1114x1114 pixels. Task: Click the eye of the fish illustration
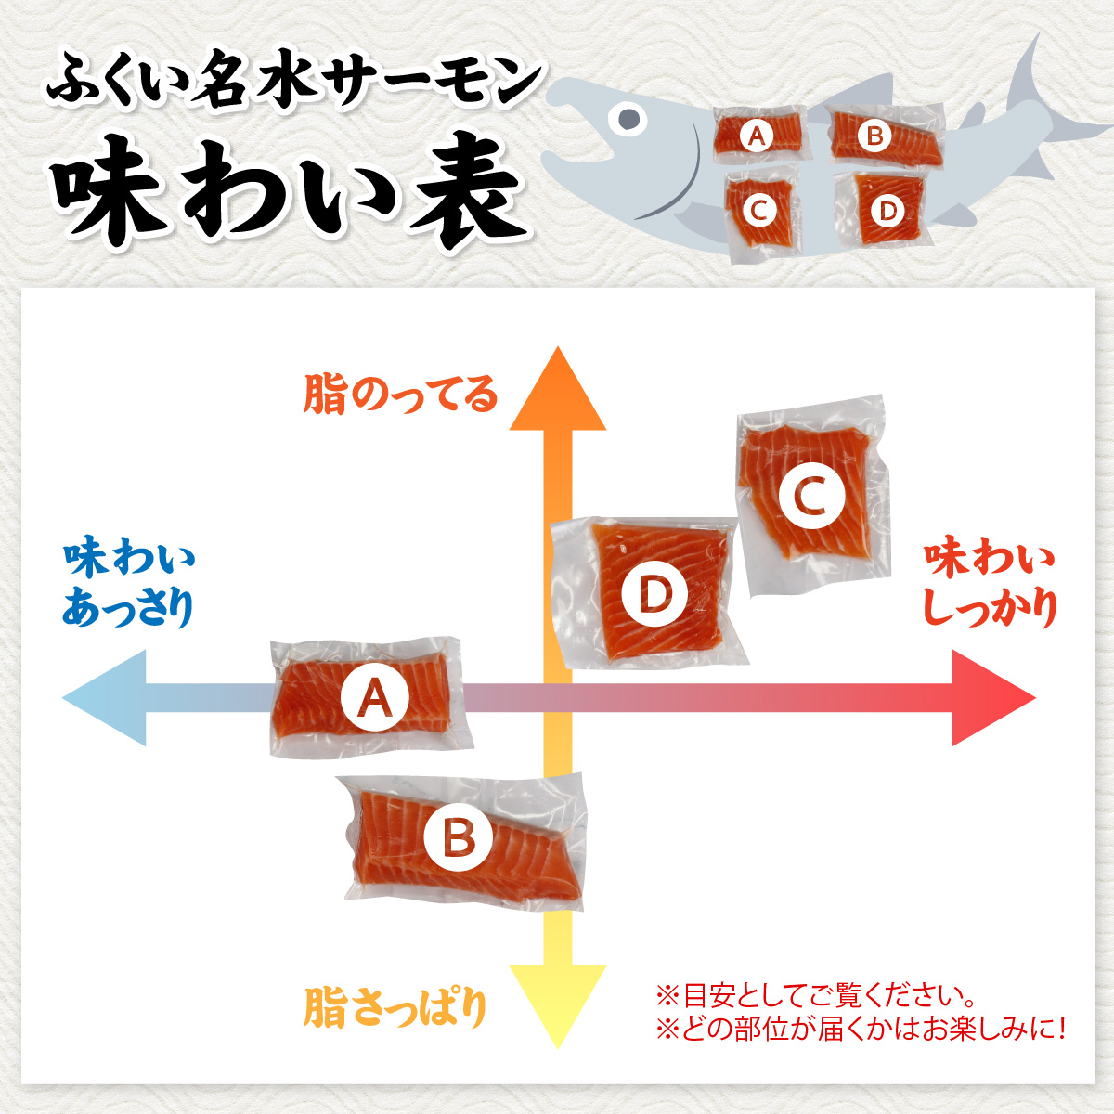coord(630,118)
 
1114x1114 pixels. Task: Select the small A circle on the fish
coord(757,136)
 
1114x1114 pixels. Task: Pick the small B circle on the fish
coord(874,136)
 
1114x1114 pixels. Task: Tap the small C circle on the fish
coord(758,211)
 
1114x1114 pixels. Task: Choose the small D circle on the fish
coord(887,211)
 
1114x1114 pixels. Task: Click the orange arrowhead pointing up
coord(557,390)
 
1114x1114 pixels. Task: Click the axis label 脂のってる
coord(400,395)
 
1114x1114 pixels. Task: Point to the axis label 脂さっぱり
coord(395,1007)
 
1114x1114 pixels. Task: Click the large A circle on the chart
coord(374,697)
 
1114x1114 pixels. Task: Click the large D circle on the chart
coord(654,594)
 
